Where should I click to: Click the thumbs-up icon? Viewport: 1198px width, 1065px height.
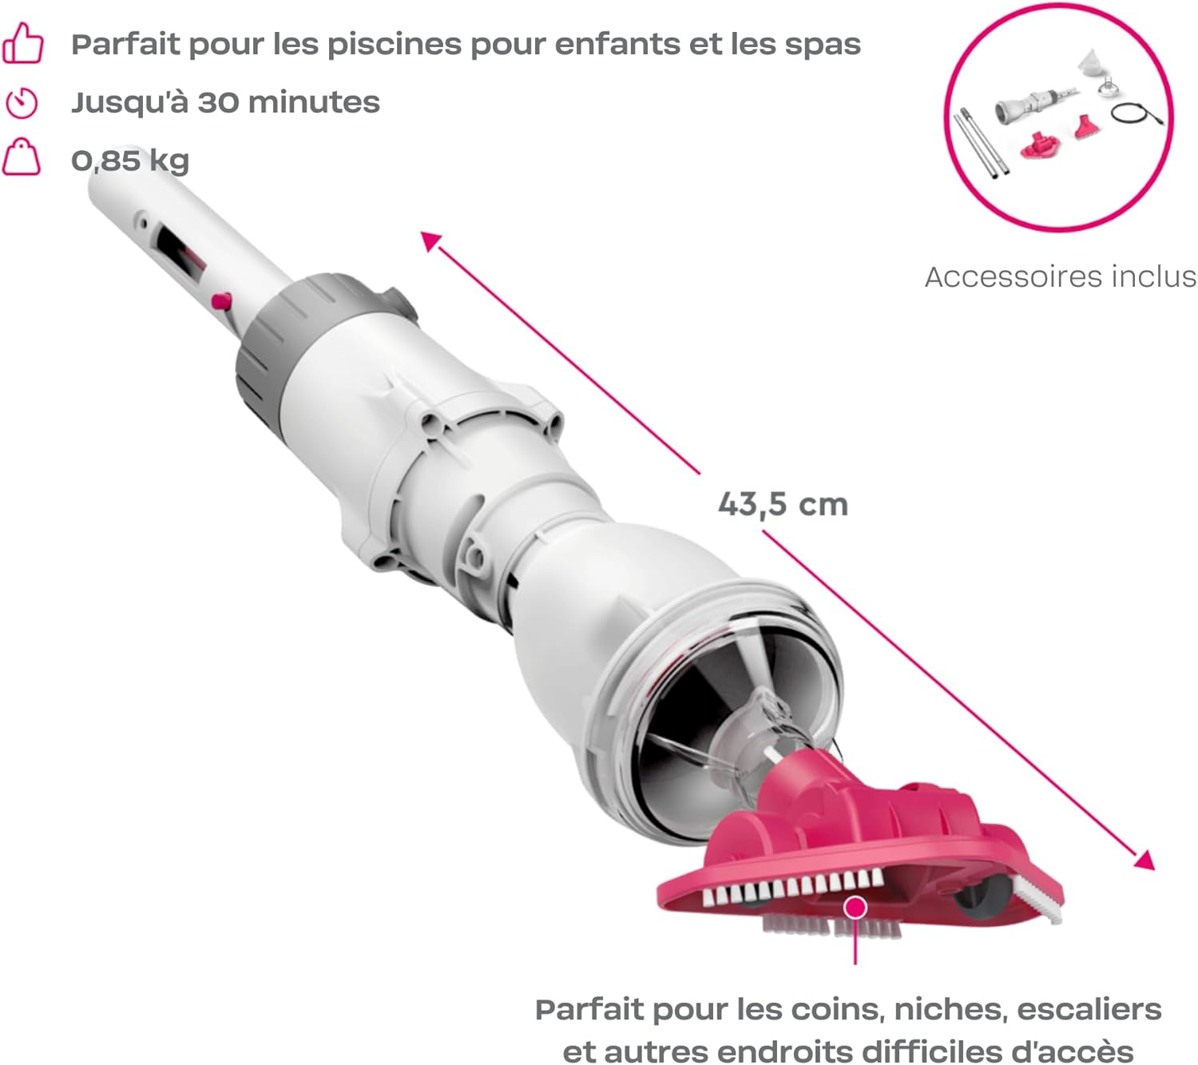[22, 43]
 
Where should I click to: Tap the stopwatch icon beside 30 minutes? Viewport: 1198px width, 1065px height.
[22, 103]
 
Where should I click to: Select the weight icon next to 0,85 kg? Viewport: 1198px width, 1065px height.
[22, 158]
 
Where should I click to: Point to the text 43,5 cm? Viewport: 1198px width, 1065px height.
[783, 505]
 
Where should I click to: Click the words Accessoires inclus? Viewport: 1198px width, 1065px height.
[1060, 277]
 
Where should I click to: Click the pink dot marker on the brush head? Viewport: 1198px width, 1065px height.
[855, 908]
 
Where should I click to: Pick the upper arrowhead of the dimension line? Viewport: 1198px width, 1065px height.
[430, 242]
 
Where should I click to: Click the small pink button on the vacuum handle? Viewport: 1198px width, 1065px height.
[222, 301]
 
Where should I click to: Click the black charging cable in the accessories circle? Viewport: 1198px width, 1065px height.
[1137, 113]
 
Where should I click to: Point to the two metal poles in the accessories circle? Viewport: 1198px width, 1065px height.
[981, 144]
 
